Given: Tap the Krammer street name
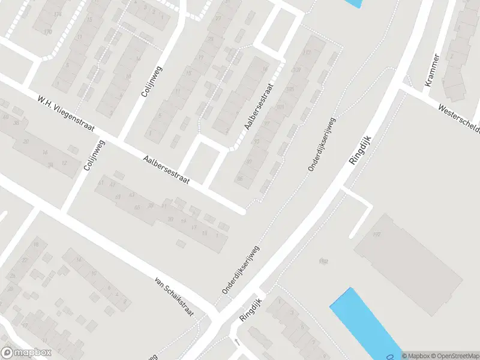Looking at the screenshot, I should (x=432, y=70).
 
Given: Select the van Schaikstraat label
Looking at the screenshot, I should (x=176, y=293).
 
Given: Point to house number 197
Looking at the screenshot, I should (x=377, y=233).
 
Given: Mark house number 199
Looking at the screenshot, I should (x=325, y=261).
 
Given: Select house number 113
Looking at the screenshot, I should (x=309, y=53).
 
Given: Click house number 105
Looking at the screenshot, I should (x=290, y=90).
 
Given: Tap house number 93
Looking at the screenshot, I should (x=257, y=142).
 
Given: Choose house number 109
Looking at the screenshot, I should (x=296, y=71).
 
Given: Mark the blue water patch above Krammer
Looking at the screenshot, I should (x=354, y=3).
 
